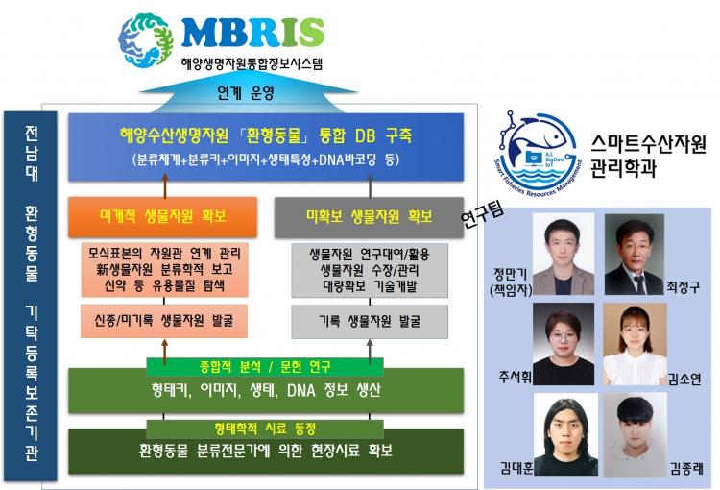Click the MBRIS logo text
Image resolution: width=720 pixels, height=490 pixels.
(253, 32)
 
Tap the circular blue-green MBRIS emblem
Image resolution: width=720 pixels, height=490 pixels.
(146, 40)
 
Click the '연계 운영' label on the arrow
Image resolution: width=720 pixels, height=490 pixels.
(246, 93)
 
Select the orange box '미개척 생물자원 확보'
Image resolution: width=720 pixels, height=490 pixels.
(162, 217)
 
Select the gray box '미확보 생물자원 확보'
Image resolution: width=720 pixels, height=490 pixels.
(369, 217)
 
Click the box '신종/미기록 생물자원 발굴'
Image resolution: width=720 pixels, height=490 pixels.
(164, 321)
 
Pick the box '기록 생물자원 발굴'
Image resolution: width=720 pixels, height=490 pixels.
(370, 321)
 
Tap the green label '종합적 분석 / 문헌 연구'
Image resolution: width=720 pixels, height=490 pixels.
(265, 367)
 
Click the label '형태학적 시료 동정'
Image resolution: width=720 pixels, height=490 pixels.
(265, 429)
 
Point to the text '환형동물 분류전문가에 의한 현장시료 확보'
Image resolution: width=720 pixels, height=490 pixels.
(266, 451)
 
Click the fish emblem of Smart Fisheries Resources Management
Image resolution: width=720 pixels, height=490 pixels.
(539, 153)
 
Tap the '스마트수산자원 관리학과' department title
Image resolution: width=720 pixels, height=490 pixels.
(648, 157)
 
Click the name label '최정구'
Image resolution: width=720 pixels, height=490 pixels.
(683, 287)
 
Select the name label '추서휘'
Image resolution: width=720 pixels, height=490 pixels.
(515, 377)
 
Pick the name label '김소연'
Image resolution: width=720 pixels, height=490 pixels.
(684, 379)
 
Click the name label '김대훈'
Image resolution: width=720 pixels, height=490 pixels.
(516, 468)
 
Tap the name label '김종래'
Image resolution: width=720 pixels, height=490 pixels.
(686, 468)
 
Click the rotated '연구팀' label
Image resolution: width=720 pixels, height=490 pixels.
(483, 214)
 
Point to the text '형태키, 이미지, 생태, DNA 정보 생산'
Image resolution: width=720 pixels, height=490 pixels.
(266, 391)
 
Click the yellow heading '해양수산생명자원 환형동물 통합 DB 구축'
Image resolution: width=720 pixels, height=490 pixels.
(266, 136)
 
